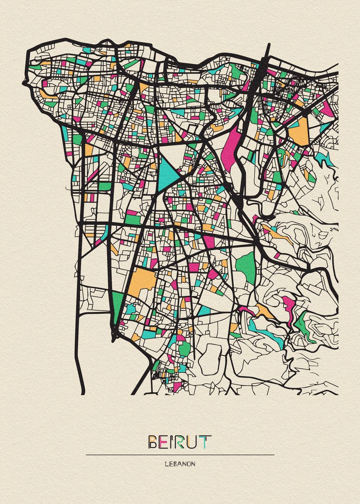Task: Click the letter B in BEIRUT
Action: pyautogui.click(x=153, y=442)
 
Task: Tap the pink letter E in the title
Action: pyautogui.click(x=164, y=442)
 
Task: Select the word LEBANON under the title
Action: pyautogui.click(x=180, y=464)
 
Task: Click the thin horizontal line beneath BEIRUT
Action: pyautogui.click(x=180, y=454)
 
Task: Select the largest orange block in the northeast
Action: pyautogui.click(x=299, y=131)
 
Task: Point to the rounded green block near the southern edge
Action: pyautogui.click(x=184, y=348)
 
